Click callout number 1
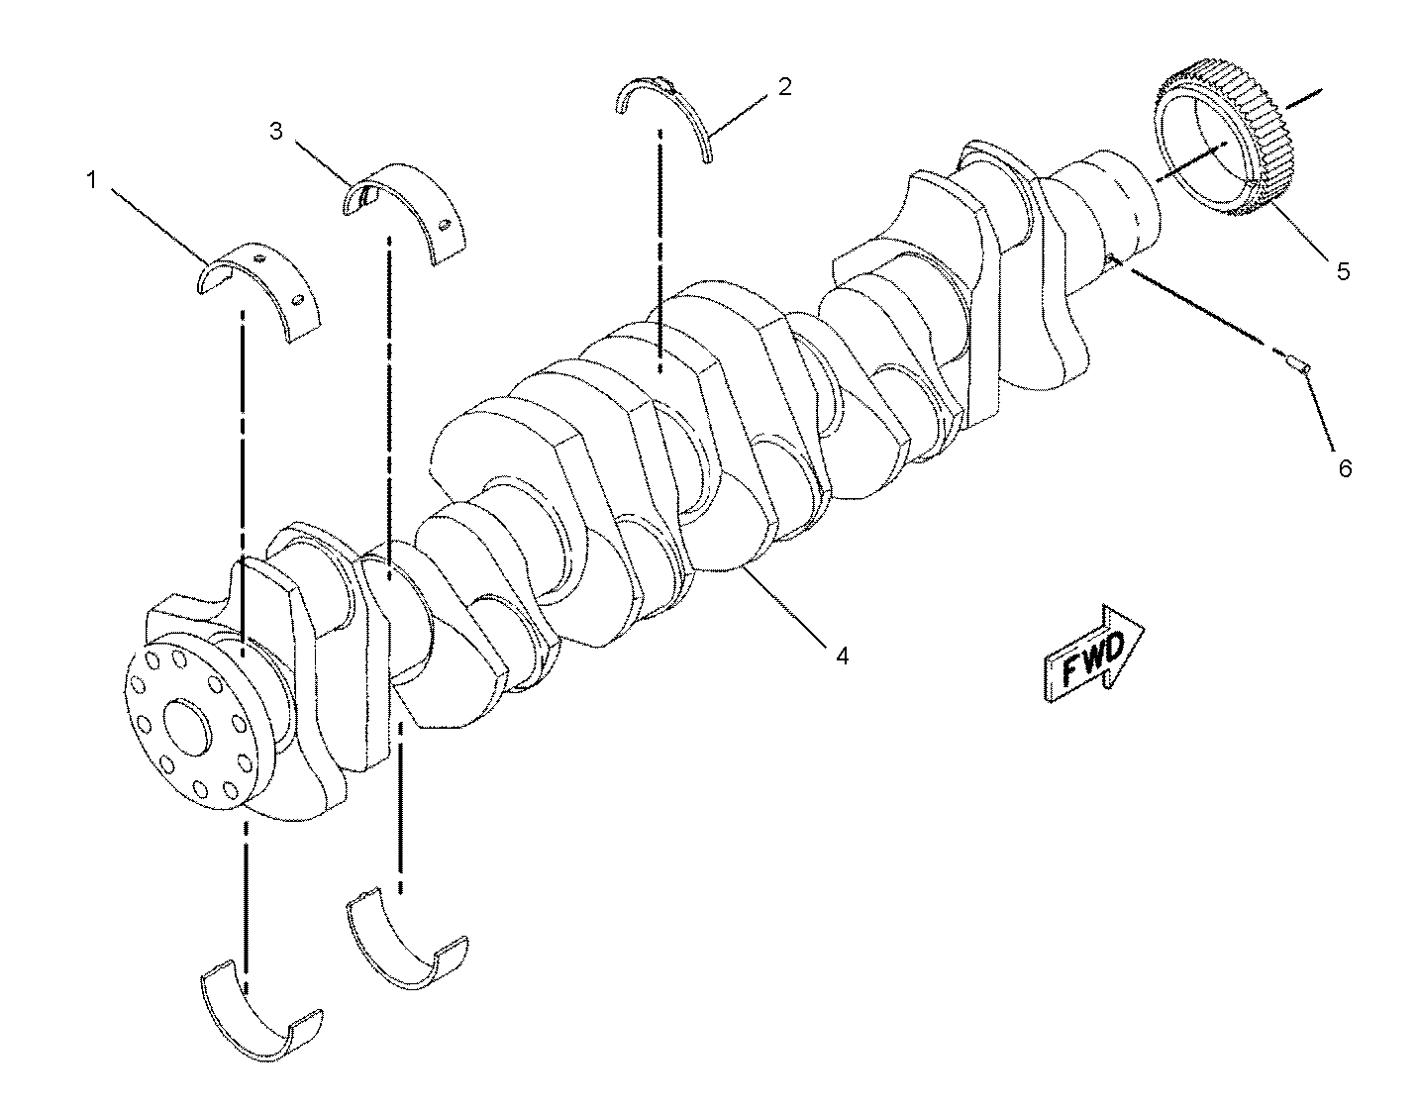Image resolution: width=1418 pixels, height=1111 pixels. [x=91, y=180]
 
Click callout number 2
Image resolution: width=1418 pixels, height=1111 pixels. [x=784, y=86]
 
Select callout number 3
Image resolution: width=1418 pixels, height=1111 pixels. [x=276, y=130]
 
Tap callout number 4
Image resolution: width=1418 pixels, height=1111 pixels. [x=841, y=655]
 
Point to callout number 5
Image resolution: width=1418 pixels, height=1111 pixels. [x=1343, y=270]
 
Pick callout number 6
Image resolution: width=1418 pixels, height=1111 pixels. [x=1345, y=467]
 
